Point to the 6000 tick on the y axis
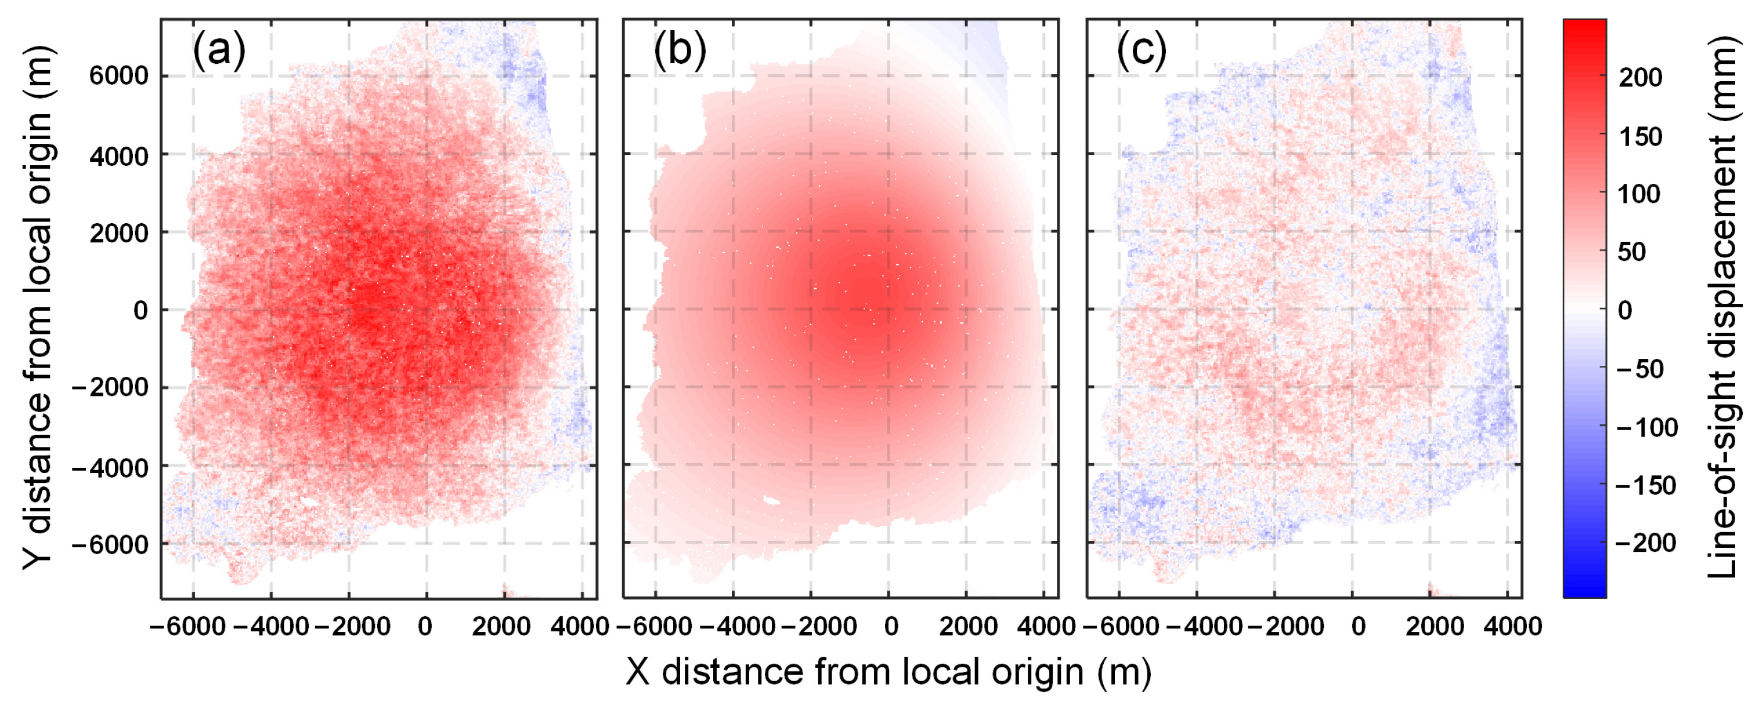118,76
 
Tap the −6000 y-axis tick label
109,544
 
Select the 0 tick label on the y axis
140,311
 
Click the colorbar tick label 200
1640,78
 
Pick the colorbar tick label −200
1646,543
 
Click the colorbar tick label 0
1625,311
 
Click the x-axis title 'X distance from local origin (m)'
888,672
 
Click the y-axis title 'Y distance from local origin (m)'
38,307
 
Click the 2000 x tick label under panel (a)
501,626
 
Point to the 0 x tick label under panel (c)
1358,626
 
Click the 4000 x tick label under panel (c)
1512,626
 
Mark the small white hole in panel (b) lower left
772,502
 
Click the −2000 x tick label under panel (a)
352,626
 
